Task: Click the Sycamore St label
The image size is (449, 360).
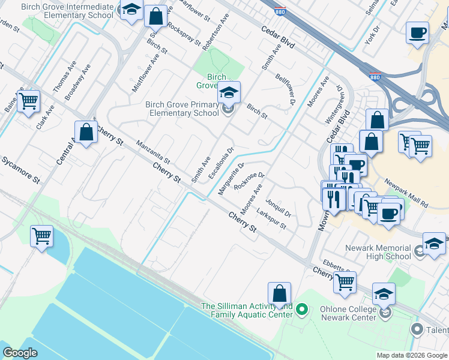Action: click(21, 170)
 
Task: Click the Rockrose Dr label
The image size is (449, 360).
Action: click(249, 181)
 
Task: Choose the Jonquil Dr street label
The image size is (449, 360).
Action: click(278, 206)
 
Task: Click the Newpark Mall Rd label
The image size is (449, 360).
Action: click(406, 193)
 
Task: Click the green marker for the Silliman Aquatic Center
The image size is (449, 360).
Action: click(303, 310)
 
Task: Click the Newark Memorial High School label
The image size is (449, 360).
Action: click(378, 252)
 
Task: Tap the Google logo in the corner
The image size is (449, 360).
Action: click(20, 353)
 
